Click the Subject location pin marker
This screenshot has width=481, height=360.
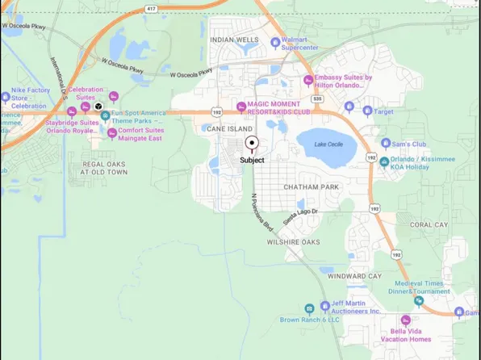point(252,144)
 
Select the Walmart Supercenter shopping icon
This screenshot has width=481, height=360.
point(276,42)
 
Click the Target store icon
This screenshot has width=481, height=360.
point(368,110)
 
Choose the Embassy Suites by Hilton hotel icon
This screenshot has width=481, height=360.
point(307,79)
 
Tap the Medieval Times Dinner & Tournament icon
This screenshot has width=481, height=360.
point(418,301)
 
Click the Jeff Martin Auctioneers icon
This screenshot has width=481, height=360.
point(308,308)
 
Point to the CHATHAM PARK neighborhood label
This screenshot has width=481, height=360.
point(311,186)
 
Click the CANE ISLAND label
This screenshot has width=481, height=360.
point(229,128)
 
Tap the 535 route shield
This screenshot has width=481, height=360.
point(318,98)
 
